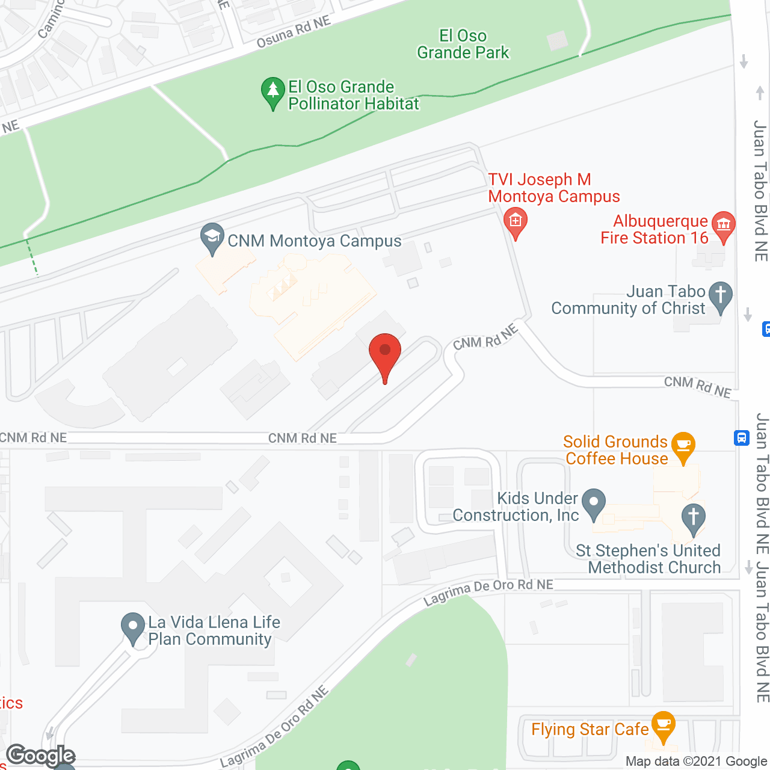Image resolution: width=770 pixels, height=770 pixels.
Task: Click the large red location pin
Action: click(384, 353)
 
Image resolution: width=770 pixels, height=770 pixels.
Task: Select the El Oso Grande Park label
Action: click(463, 45)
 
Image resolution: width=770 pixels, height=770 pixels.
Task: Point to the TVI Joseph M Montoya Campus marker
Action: click(515, 222)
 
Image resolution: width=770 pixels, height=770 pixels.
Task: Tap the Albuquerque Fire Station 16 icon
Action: click(723, 226)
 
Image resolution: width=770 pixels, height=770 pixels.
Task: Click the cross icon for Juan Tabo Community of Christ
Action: click(720, 296)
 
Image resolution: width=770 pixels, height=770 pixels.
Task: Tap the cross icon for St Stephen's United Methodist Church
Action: click(693, 517)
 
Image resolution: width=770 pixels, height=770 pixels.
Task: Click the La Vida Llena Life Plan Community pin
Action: click(132, 627)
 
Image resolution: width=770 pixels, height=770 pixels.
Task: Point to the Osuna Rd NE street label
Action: click(294, 32)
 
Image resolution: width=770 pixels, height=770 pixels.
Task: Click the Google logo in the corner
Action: click(41, 756)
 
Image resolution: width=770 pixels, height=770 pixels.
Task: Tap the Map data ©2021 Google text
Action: click(697, 762)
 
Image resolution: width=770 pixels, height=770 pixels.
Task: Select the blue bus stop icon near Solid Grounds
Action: click(742, 437)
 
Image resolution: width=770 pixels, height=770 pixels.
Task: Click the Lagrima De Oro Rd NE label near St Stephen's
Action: click(488, 591)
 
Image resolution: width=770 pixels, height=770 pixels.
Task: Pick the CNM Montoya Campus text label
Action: click(315, 241)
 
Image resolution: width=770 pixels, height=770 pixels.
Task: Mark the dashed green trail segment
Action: click(31, 257)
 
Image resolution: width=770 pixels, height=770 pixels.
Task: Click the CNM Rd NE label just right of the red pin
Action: click(485, 337)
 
